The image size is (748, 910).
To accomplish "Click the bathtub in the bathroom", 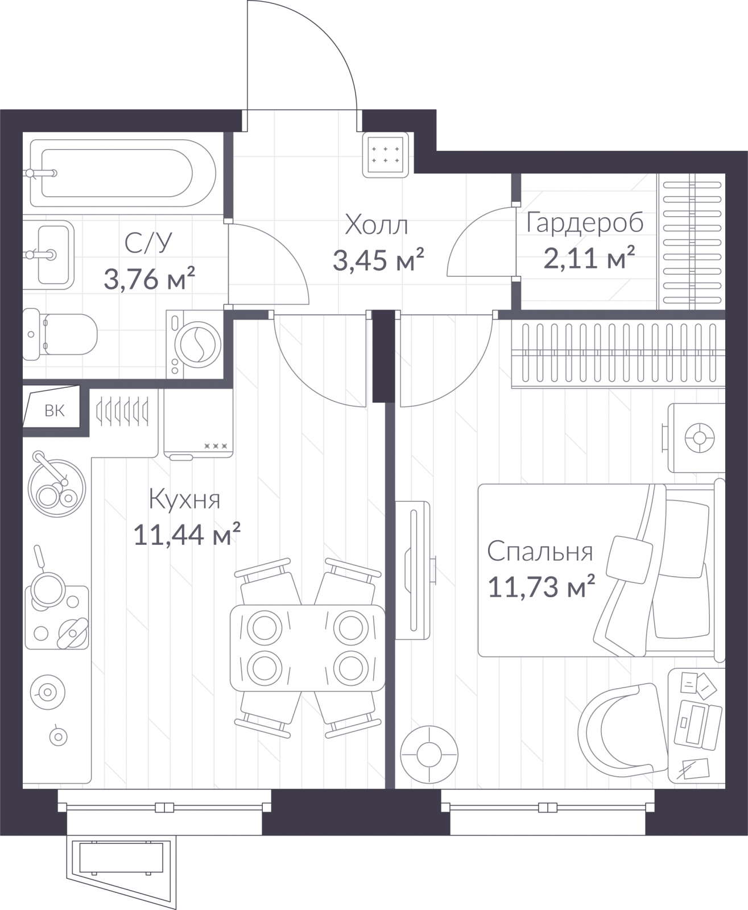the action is point(123,173).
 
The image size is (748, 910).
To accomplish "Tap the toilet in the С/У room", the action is point(60,334).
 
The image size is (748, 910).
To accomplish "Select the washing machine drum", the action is point(198,344).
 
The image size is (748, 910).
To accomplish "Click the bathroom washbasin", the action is point(49,255).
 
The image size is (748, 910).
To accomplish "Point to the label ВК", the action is point(55,411).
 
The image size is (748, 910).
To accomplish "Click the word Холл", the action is point(377,225).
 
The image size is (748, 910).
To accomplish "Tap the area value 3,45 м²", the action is point(378,260).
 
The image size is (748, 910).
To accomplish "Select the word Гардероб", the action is point(585,223).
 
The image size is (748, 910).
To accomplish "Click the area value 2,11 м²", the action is point(589,258).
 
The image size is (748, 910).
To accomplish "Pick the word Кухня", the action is point(184,499).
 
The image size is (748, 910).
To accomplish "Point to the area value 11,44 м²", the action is point(187,534).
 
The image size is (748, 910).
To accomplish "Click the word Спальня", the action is point(540,552).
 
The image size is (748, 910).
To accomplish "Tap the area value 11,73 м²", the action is point(542,586).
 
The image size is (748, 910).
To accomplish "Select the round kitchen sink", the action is point(57,488).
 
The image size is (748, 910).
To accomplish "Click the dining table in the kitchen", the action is point(307,648).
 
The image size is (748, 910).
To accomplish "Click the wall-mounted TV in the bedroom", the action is point(414,570).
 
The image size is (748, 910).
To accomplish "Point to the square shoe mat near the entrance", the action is point(386,155).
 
